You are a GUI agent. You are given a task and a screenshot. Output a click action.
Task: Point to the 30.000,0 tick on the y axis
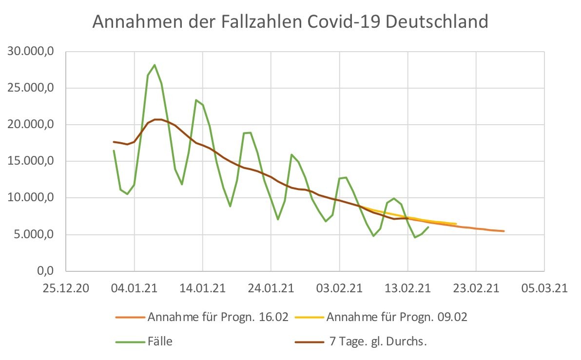click(x=33, y=52)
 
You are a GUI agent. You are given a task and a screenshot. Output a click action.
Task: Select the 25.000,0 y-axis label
click(x=33, y=88)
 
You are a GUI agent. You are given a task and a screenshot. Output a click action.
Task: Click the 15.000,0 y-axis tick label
click(x=33, y=161)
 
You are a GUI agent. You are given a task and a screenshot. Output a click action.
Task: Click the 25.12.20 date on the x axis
click(x=66, y=288)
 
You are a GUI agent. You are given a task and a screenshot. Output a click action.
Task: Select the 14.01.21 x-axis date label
click(x=202, y=288)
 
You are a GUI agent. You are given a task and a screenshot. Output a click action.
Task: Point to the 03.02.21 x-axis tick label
click(x=339, y=288)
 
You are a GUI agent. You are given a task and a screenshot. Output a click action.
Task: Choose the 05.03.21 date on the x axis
click(x=544, y=288)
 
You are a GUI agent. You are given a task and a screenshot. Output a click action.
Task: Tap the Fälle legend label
click(x=160, y=341)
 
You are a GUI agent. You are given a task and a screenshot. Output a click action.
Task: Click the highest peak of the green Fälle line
click(x=155, y=65)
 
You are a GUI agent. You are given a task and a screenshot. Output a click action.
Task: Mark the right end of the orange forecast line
click(x=504, y=231)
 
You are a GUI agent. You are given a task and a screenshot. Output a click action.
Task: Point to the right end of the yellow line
click(x=456, y=224)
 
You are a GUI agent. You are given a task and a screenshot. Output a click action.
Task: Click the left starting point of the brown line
click(x=114, y=142)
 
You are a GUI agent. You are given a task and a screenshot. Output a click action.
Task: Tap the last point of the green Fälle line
click(x=428, y=227)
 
